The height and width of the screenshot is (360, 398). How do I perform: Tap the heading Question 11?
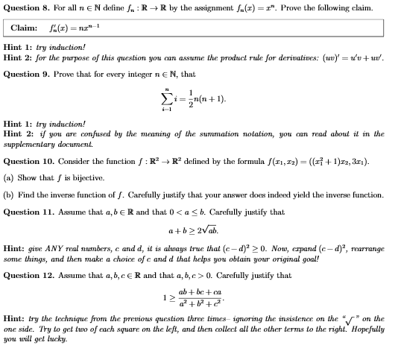coord(30,212)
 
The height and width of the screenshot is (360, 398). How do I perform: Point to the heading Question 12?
coord(30,274)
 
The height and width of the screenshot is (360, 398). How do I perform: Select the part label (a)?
coord(10,178)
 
